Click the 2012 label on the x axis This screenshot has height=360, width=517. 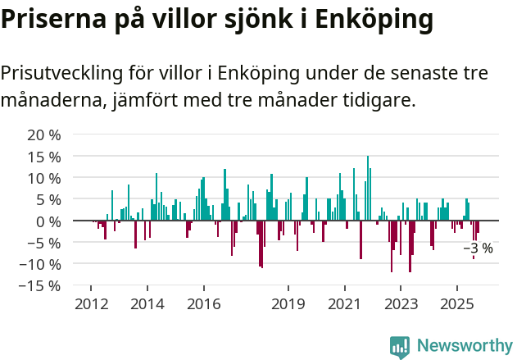pos(92,304)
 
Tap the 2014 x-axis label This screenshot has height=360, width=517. pos(147,304)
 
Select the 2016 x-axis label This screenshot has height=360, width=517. pos(203,304)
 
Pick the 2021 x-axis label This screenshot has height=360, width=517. pos(344,304)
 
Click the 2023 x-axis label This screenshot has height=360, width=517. pos(401,304)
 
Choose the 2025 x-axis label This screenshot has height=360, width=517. pos(456,304)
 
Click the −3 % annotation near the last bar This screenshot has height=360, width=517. pos(478,248)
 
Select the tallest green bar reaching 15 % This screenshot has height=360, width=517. pos(368,188)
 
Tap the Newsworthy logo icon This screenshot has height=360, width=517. pos(400,347)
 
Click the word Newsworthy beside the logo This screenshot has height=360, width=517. pos(464,346)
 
